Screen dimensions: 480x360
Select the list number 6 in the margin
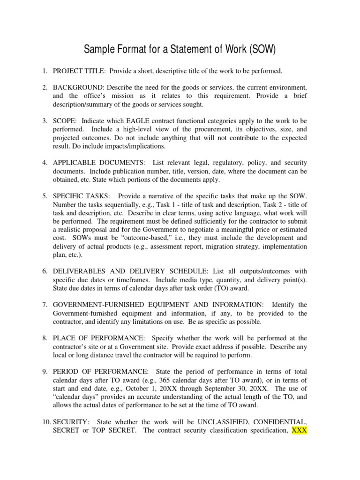click(x=45, y=270)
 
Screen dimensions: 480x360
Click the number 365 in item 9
click(x=142, y=380)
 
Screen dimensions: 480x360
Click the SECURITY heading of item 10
click(x=68, y=421)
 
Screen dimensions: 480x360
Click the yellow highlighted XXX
click(x=299, y=430)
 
